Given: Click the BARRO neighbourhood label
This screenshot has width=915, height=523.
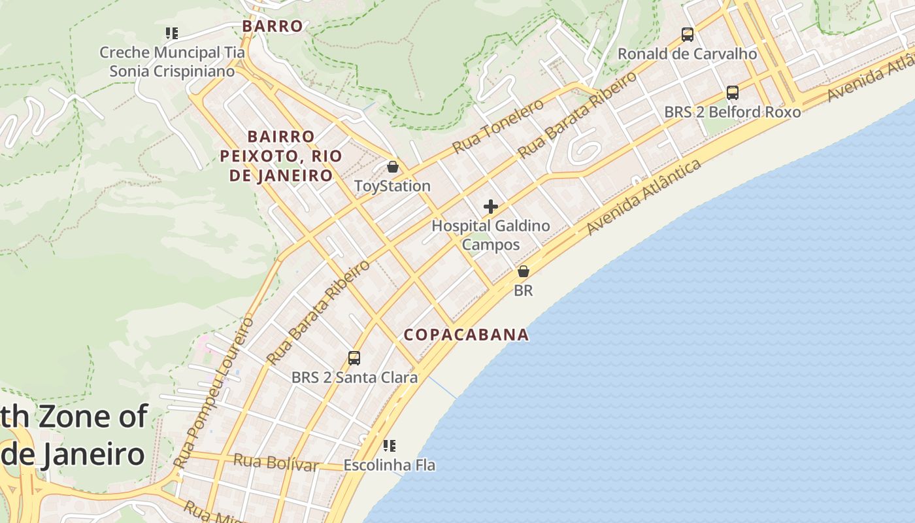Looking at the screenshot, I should click(273, 26).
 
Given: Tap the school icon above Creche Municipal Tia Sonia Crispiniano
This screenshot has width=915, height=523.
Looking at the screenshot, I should click(172, 33).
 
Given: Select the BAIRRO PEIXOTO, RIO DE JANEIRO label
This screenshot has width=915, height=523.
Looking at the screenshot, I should click(280, 156).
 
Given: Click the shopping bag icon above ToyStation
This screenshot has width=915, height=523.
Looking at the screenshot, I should click(393, 167).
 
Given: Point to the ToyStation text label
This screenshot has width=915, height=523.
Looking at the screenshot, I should click(392, 186).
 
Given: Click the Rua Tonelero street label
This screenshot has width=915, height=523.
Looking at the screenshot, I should click(498, 126).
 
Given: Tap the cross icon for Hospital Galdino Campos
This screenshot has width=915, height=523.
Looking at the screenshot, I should click(491, 207).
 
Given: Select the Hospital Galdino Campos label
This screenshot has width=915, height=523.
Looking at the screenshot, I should click(491, 235).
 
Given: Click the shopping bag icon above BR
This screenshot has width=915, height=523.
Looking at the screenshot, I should click(524, 271).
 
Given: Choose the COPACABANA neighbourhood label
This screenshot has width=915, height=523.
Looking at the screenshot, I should click(466, 335).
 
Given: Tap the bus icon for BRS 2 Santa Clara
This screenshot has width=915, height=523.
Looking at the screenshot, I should click(354, 358).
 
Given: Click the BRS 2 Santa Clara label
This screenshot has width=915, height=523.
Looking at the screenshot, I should click(354, 378).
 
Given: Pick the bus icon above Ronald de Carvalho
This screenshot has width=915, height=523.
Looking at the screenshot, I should click(688, 34).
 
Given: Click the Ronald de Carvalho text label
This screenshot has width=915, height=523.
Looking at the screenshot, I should click(688, 54).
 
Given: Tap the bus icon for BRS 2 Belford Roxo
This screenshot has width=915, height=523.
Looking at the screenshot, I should click(733, 93).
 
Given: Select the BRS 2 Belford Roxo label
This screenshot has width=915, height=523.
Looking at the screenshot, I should click(733, 112).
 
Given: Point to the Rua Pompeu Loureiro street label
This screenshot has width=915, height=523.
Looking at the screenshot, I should click(214, 392).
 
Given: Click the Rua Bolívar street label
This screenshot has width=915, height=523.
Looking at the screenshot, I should click(276, 462).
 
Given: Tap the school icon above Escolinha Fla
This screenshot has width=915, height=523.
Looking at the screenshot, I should click(390, 446).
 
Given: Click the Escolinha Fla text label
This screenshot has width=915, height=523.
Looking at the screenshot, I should click(390, 465).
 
